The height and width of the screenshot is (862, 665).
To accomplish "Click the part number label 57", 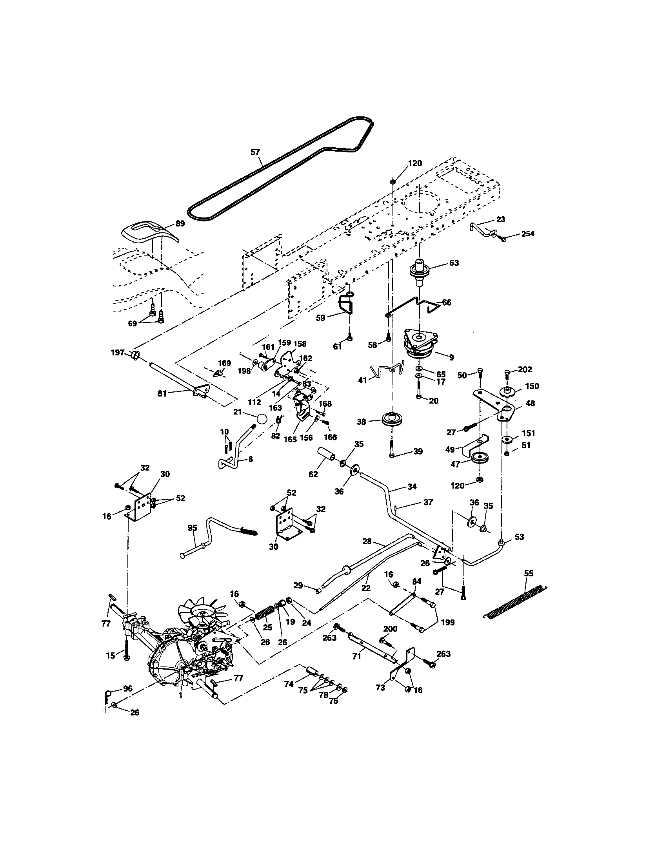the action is pos(256,152).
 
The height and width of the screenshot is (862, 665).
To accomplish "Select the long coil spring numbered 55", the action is pos(515,603).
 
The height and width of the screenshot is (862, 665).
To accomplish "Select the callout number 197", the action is pos(118,353).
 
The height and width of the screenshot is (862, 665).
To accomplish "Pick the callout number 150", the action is pos(532,386).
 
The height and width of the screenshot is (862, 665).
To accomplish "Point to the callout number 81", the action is pos(162,393).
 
